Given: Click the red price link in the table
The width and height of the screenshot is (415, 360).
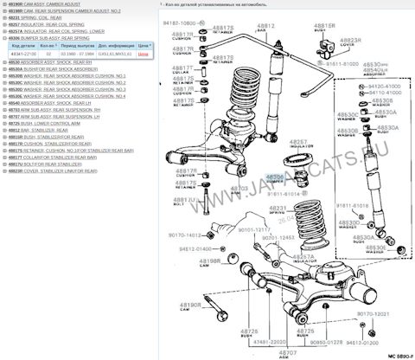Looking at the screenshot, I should coord(144,54).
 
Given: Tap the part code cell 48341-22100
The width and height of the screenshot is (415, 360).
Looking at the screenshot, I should coord(23,54).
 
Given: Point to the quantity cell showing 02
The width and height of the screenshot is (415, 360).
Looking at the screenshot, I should coord(49,54).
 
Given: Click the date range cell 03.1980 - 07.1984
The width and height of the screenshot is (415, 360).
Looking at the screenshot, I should coord(79,54).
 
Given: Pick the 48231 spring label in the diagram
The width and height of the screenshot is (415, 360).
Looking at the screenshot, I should coord(278,209).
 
